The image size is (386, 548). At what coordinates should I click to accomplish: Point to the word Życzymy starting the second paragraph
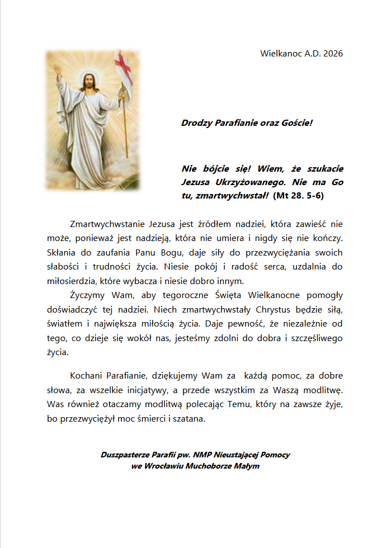click(x=87, y=295)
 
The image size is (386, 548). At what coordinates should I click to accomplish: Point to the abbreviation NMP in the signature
click(x=203, y=455)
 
